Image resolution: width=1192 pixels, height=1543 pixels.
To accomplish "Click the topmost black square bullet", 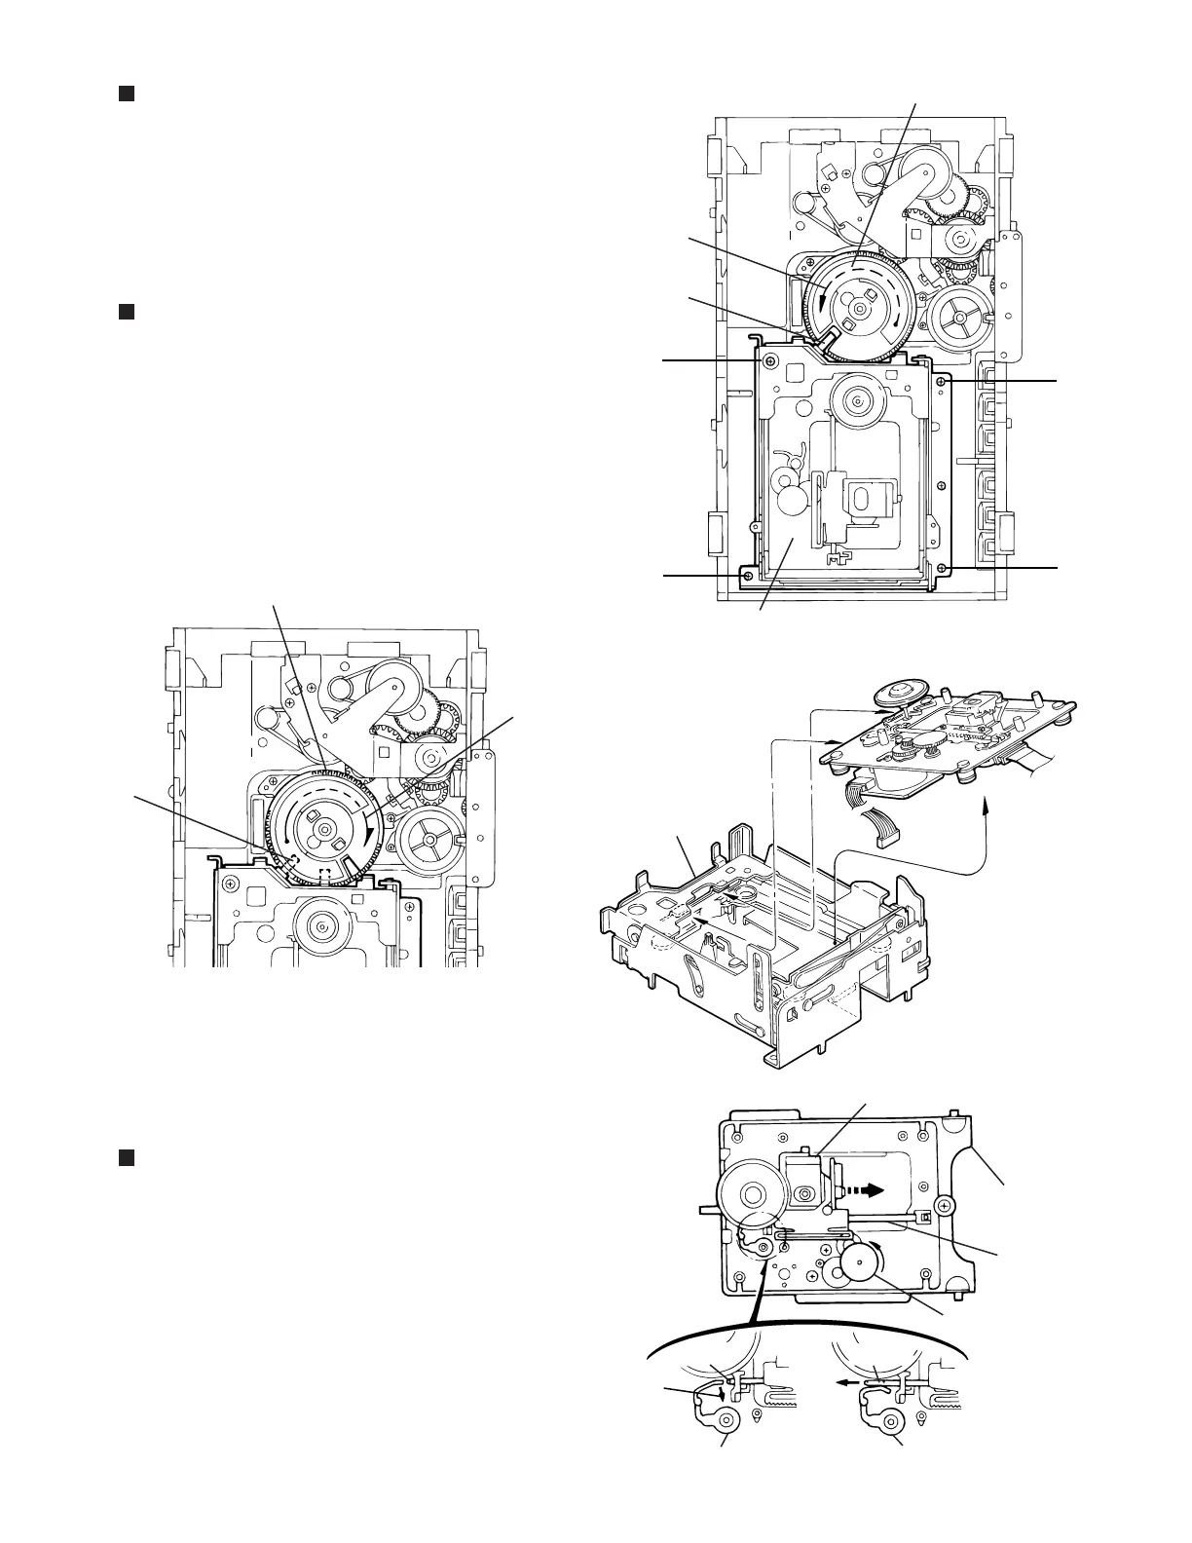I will pyautogui.click(x=125, y=94).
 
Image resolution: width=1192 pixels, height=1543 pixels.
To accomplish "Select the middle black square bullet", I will pyautogui.click(x=125, y=312).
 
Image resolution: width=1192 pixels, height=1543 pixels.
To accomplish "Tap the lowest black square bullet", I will pyautogui.click(x=125, y=1157).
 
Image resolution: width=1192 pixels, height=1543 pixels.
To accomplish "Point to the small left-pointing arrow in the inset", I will pyautogui.click(x=849, y=1380).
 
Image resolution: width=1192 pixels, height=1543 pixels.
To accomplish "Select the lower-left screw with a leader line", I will pyautogui.click(x=747, y=577).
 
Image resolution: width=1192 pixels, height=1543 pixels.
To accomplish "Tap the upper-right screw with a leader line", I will pyautogui.click(x=941, y=382).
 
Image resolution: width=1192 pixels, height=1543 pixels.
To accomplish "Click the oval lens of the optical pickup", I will pyautogui.click(x=805, y=1194).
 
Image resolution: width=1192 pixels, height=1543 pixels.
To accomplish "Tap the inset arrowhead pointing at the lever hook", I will pyautogui.click(x=722, y=1395).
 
